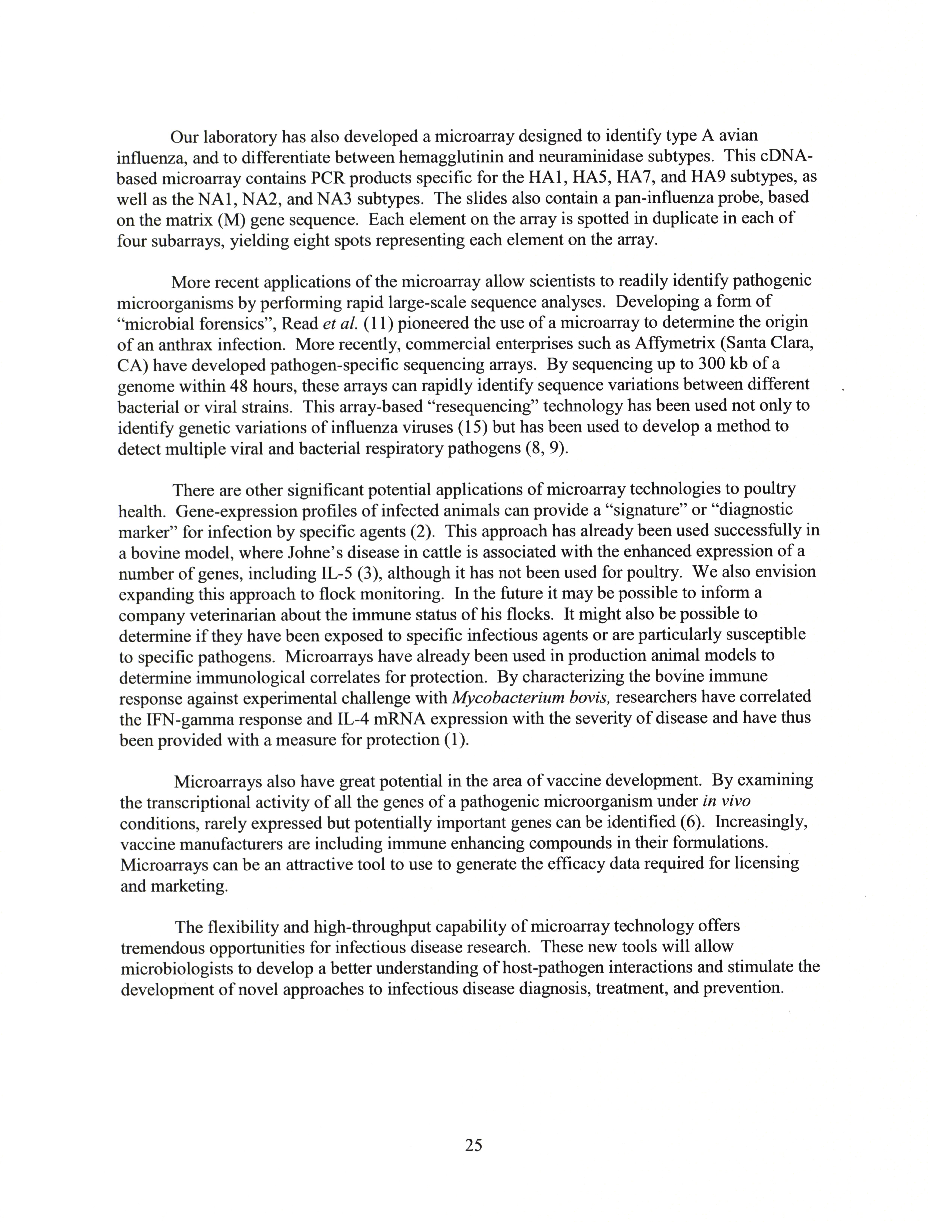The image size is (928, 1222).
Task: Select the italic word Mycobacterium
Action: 513,698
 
